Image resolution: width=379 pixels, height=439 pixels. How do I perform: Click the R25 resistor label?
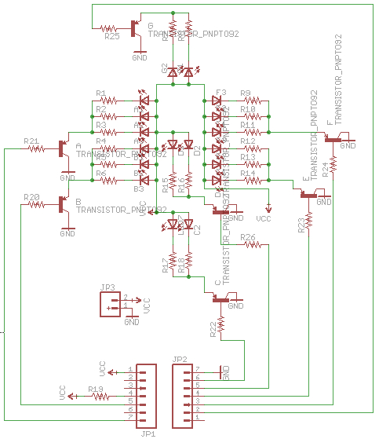111,35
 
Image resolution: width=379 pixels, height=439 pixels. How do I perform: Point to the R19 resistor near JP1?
99,397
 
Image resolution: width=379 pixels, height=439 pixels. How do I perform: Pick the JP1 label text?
148,433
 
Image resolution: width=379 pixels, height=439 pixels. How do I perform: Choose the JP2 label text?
180,359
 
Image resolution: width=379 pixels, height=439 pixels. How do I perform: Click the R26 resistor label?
248,237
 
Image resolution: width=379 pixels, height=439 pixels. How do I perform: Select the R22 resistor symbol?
221,323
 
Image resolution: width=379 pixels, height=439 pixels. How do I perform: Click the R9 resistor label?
245,93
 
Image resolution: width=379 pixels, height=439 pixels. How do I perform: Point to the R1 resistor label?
100,93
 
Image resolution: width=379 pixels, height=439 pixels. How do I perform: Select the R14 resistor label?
248,173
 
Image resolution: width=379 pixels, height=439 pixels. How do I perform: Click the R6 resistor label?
100,173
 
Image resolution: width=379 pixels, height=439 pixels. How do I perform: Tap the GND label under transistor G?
140,58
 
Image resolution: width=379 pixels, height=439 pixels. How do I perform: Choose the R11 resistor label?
248,125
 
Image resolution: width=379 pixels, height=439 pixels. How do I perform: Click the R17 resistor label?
166,265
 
